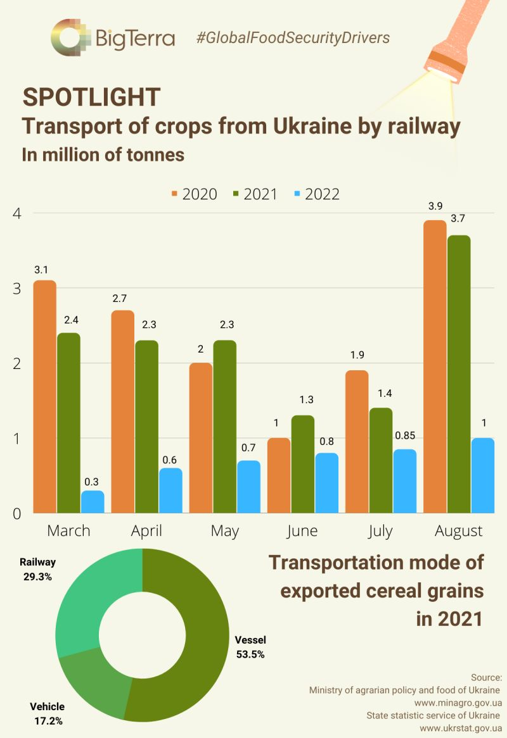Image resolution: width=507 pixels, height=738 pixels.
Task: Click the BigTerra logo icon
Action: point(72,37)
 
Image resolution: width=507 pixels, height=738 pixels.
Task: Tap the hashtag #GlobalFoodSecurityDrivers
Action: point(293,38)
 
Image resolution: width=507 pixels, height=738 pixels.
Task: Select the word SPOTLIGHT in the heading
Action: point(91,97)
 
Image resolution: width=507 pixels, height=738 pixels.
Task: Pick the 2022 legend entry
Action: point(315,194)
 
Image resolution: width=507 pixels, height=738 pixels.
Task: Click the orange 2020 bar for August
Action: point(435,366)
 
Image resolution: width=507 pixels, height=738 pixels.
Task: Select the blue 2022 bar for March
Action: point(93,501)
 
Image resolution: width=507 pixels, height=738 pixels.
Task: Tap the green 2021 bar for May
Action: point(224,427)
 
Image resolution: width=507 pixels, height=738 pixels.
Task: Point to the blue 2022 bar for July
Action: point(405,481)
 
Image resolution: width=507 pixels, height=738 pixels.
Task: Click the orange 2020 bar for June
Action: point(278,475)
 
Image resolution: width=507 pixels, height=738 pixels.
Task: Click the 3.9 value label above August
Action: point(435,207)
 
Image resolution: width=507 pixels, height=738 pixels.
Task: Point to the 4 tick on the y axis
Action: point(16,214)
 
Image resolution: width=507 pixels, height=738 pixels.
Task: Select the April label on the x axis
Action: point(146,530)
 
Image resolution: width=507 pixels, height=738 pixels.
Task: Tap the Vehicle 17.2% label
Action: point(47,713)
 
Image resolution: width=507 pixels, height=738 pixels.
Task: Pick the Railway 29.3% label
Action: point(37,569)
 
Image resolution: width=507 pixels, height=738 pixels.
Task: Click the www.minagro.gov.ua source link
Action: point(458,703)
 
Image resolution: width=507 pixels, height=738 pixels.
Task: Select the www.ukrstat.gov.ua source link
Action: point(461,728)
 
